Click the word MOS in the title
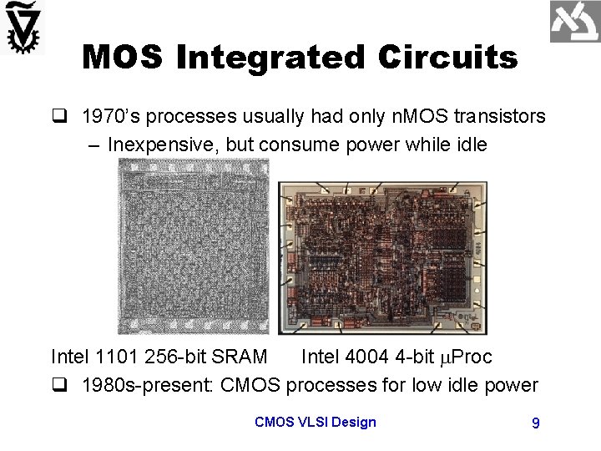point(123,57)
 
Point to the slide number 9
point(535,423)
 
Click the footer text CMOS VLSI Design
point(315,423)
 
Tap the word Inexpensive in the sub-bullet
point(160,144)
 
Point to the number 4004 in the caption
point(361,357)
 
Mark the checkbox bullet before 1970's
point(58,118)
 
